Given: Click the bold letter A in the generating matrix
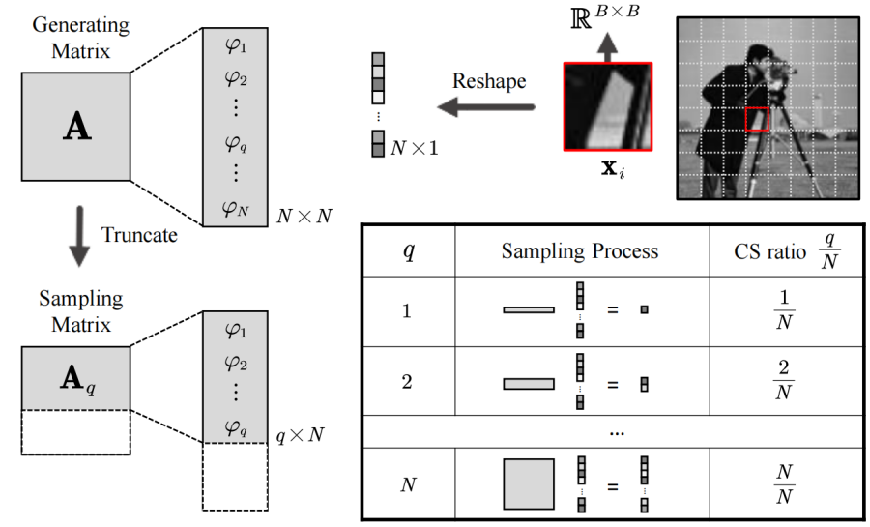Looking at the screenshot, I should click(x=75, y=127).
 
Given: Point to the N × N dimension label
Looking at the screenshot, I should click(x=303, y=216).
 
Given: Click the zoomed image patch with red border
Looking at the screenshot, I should click(x=607, y=106).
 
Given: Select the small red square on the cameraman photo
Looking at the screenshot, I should click(x=757, y=119).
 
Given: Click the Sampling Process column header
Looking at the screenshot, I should click(x=579, y=251).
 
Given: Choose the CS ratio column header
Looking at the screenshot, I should click(x=784, y=251).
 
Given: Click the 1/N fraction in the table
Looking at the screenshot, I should click(x=785, y=310).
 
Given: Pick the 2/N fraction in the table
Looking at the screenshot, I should click(x=785, y=382).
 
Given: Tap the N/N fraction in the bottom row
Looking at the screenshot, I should click(x=785, y=484).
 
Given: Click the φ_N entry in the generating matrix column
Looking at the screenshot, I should click(x=235, y=206).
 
